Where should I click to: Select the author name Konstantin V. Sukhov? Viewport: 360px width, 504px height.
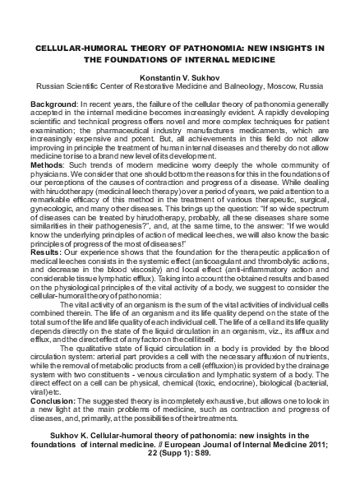pyautogui.click(x=180, y=74)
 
